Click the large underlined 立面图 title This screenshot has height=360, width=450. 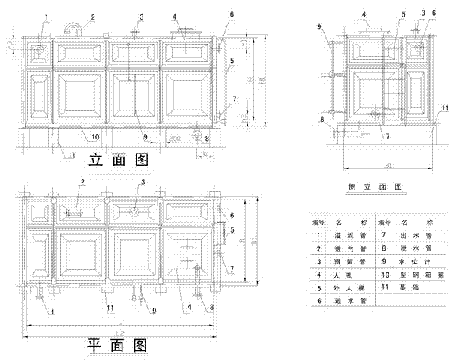(x=118, y=160)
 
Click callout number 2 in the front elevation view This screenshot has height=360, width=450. (x=93, y=16)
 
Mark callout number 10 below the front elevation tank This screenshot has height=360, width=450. (x=95, y=136)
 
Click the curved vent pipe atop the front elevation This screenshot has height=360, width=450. (x=73, y=28)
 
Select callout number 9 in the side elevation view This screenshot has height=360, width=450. (x=319, y=27)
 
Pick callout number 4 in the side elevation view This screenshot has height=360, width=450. (x=364, y=14)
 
